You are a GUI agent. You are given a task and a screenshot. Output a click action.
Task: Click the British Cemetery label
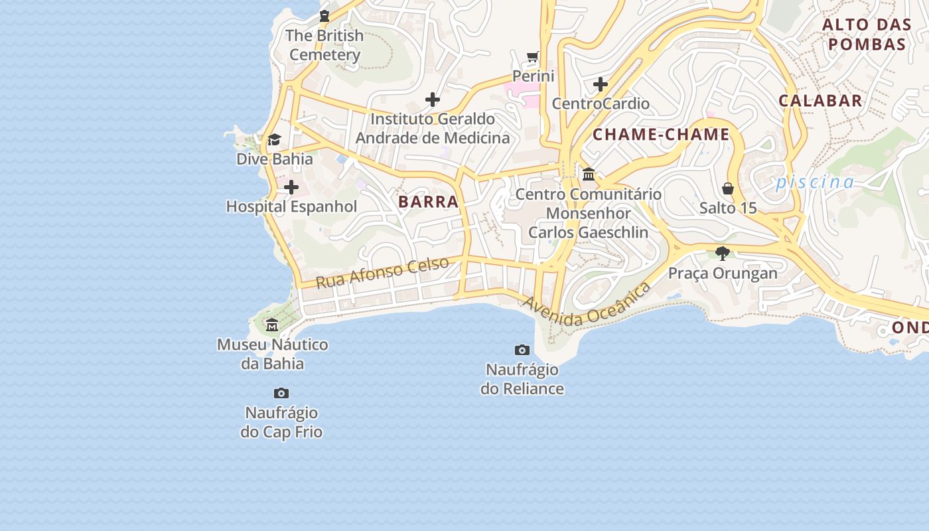pyautogui.click(x=324, y=45)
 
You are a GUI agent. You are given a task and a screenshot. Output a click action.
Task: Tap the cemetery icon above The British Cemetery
pyautogui.click(x=324, y=16)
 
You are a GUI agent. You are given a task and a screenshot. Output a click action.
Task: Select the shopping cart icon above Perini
pyautogui.click(x=533, y=56)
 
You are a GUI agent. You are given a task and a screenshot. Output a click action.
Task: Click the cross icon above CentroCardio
pyautogui.click(x=601, y=84)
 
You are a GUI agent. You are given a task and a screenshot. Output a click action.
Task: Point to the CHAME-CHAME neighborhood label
pyautogui.click(x=661, y=135)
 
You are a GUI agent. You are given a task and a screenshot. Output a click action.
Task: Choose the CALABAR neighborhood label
pyautogui.click(x=820, y=101)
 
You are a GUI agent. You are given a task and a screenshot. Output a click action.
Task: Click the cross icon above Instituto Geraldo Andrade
pyautogui.click(x=433, y=100)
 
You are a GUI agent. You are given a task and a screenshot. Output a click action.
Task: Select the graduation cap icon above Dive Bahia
pyautogui.click(x=274, y=139)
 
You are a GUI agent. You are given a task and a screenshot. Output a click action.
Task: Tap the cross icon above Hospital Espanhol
pyautogui.click(x=291, y=188)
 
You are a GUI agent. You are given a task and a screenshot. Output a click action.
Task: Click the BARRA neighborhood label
pyautogui.click(x=428, y=202)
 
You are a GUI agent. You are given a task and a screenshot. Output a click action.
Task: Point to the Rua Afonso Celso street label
pyautogui.click(x=382, y=272)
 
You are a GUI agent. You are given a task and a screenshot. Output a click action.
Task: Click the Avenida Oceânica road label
pyautogui.click(x=586, y=305)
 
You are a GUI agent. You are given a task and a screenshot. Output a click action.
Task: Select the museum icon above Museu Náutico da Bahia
pyautogui.click(x=272, y=325)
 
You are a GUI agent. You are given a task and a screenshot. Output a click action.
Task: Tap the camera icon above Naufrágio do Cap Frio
pyautogui.click(x=281, y=394)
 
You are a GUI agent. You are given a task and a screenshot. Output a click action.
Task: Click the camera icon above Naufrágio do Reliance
pyautogui.click(x=522, y=350)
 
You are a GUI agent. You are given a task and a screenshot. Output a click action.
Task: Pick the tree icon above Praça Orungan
pyautogui.click(x=723, y=253)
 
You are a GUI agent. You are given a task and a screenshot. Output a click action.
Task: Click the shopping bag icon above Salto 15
pyautogui.click(x=728, y=189)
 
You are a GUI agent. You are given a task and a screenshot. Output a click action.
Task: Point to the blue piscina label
pyautogui.click(x=815, y=181)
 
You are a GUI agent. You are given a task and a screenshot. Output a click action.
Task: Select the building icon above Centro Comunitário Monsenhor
pyautogui.click(x=589, y=175)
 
